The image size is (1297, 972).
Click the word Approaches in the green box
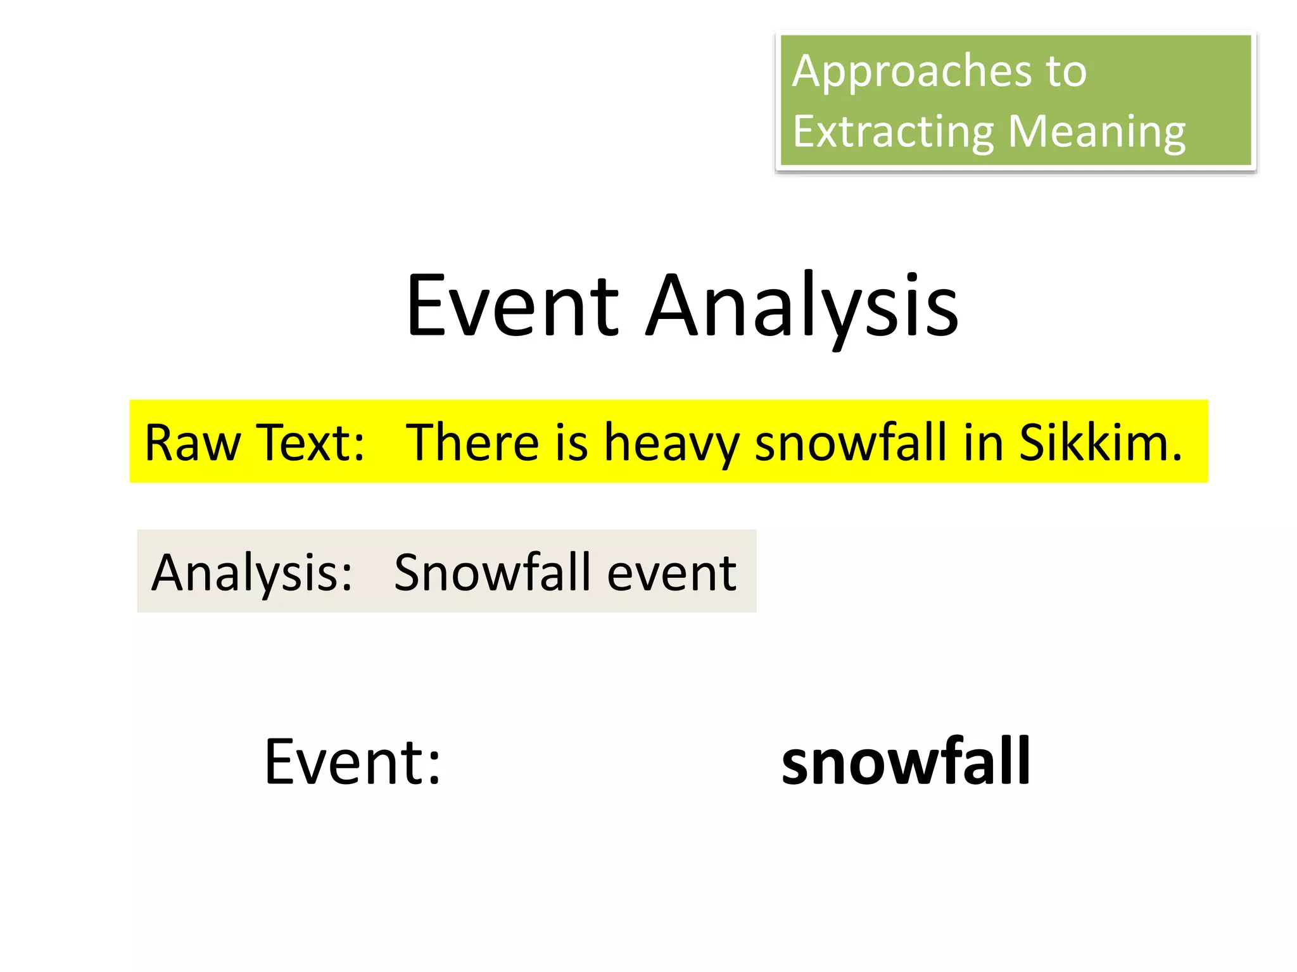[911, 72]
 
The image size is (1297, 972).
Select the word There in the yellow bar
[472, 442]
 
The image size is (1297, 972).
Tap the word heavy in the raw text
[671, 442]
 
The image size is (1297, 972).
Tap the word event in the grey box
[672, 573]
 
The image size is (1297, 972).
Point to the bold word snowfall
[906, 762]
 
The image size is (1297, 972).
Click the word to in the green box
[1066, 72]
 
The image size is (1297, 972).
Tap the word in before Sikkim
[983, 442]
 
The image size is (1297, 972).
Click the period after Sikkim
[1177, 459]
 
